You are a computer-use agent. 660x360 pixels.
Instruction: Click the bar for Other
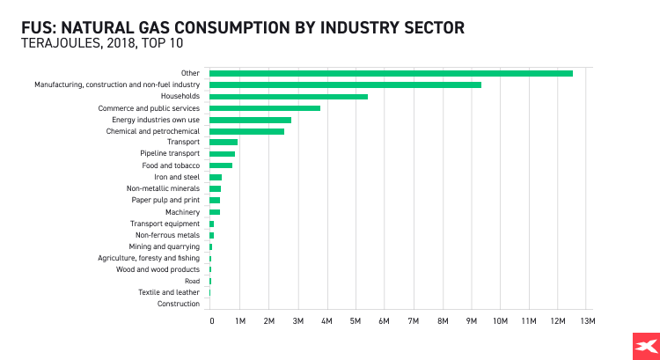click(391, 73)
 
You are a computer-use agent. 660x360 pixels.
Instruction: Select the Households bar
click(289, 96)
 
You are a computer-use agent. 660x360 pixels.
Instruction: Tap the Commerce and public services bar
click(265, 108)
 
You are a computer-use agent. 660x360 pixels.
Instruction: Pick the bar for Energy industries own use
click(250, 120)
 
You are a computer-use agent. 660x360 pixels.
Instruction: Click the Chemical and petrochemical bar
click(246, 131)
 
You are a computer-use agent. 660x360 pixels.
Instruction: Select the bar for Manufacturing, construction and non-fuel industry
click(345, 84)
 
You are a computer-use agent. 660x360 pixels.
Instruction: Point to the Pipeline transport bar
click(222, 154)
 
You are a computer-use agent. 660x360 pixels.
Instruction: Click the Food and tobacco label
click(171, 165)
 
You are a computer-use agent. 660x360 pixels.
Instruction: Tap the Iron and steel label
click(177, 177)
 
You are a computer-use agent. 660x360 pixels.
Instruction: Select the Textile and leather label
click(169, 292)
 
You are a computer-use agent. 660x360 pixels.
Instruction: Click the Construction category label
click(179, 304)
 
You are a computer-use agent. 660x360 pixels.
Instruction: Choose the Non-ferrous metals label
click(167, 235)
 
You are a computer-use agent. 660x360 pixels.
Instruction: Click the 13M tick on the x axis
click(587, 321)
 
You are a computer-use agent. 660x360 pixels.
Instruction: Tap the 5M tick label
click(356, 321)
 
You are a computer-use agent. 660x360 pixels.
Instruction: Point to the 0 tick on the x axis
click(211, 321)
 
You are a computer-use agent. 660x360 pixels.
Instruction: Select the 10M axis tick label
click(500, 321)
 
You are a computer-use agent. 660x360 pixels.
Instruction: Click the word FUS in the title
click(39, 27)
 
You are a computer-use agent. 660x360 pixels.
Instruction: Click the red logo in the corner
click(646, 346)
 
